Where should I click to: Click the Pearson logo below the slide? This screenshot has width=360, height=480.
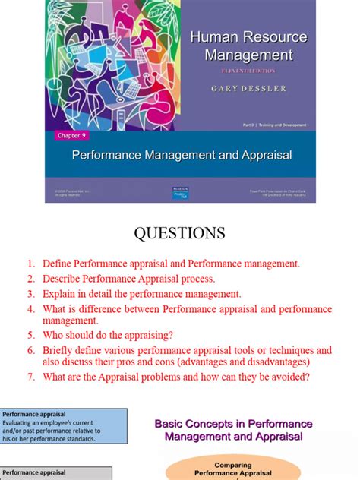coord(180,194)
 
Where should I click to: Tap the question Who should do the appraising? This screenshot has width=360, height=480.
coord(110,335)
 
